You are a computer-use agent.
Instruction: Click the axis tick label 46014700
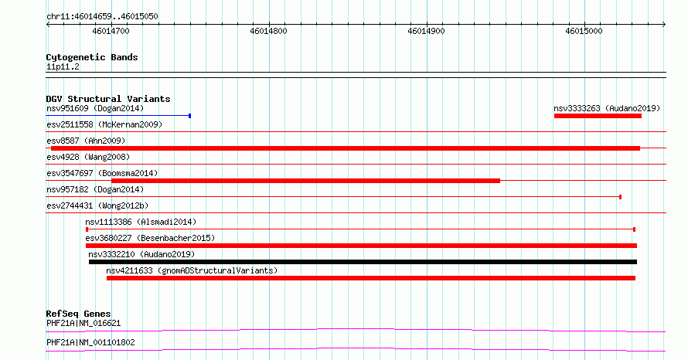tap(111, 31)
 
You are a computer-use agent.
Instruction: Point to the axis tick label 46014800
tap(268, 31)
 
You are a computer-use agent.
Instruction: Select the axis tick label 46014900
tap(426, 31)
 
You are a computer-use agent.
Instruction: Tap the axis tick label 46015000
tap(584, 31)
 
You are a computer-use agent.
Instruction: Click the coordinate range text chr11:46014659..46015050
tap(102, 17)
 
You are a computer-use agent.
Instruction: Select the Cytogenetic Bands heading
tap(92, 57)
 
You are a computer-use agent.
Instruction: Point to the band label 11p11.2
tap(63, 66)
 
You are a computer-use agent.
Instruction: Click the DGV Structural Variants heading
tap(108, 99)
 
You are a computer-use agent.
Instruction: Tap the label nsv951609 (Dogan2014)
tap(95, 108)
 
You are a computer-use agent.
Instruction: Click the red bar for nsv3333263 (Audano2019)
tap(598, 116)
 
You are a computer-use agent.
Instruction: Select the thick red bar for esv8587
tap(346, 148)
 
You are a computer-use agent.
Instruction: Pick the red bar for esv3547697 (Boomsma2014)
tap(306, 181)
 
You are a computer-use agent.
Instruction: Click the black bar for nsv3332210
tap(363, 262)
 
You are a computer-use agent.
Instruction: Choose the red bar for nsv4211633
tap(371, 278)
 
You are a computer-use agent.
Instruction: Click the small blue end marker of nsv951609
tap(189, 116)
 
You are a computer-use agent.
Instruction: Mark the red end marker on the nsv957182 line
tap(621, 197)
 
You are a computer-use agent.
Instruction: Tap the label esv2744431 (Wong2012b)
tap(97, 205)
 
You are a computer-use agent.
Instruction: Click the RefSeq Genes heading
tap(79, 314)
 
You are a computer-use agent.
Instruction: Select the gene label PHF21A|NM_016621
tap(83, 323)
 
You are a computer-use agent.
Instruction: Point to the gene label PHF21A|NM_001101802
tap(90, 342)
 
